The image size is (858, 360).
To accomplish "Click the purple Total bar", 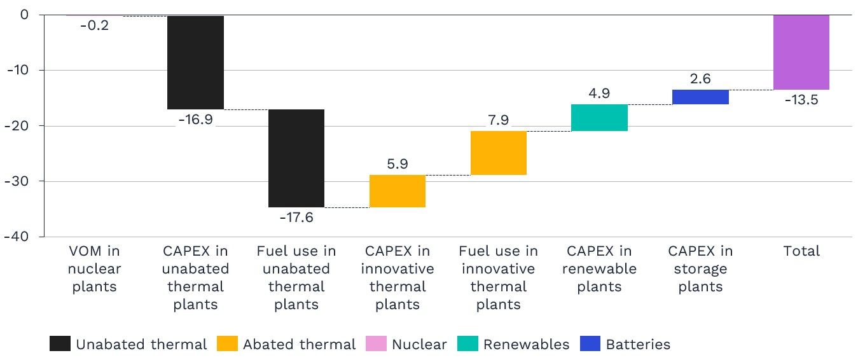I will pyautogui.click(x=801, y=52).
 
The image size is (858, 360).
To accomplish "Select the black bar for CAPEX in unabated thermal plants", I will pyautogui.click(x=195, y=62).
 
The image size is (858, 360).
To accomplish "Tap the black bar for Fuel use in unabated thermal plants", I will pyautogui.click(x=296, y=158).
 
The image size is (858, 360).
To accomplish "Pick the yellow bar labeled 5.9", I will pyautogui.click(x=398, y=191).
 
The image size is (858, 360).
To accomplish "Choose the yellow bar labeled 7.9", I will pyautogui.click(x=499, y=153).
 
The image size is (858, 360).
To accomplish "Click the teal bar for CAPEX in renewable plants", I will pyautogui.click(x=599, y=118).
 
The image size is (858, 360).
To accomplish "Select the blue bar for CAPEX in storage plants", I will pyautogui.click(x=700, y=97).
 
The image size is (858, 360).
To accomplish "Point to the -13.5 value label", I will pyautogui.click(x=801, y=100).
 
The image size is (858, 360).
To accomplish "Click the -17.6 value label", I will pyautogui.click(x=296, y=218).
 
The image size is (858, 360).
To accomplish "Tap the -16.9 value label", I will pyautogui.click(x=195, y=120).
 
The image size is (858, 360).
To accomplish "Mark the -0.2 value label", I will pyautogui.click(x=94, y=25).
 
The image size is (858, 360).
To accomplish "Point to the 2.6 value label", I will pyautogui.click(x=700, y=80).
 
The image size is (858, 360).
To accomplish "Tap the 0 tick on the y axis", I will pyautogui.click(x=24, y=14).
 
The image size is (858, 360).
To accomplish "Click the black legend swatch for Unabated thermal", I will pyautogui.click(x=59, y=344).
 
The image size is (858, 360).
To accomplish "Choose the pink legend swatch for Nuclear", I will pyautogui.click(x=375, y=344).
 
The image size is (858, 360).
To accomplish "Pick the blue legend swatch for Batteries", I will pyautogui.click(x=590, y=344).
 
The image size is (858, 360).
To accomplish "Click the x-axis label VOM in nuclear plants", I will pyautogui.click(x=94, y=268).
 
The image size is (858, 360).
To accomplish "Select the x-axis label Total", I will pyautogui.click(x=801, y=251).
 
